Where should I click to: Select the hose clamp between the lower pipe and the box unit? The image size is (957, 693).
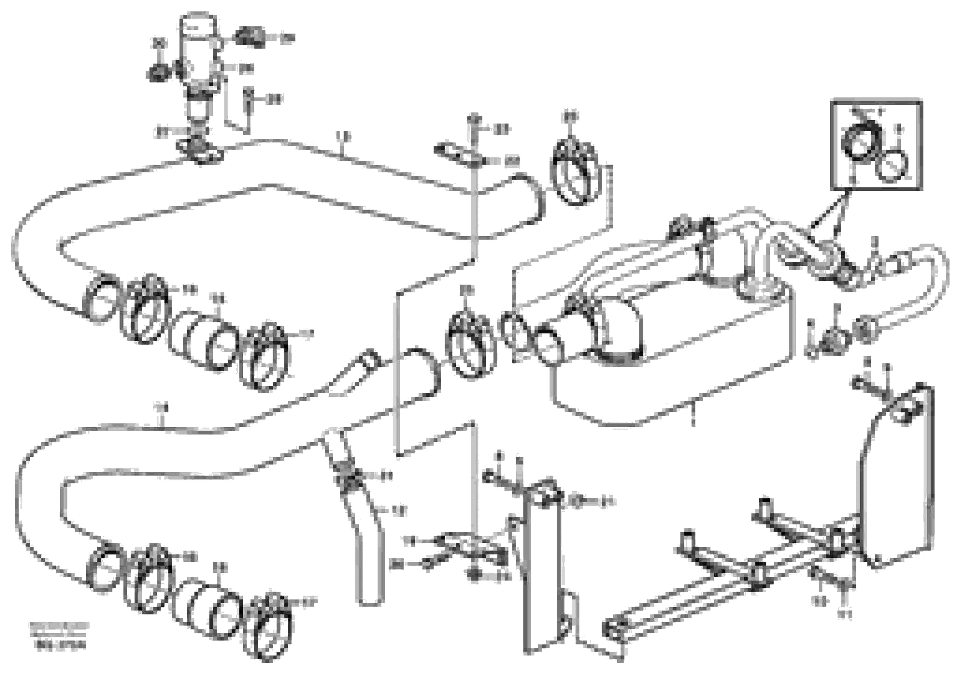470,344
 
